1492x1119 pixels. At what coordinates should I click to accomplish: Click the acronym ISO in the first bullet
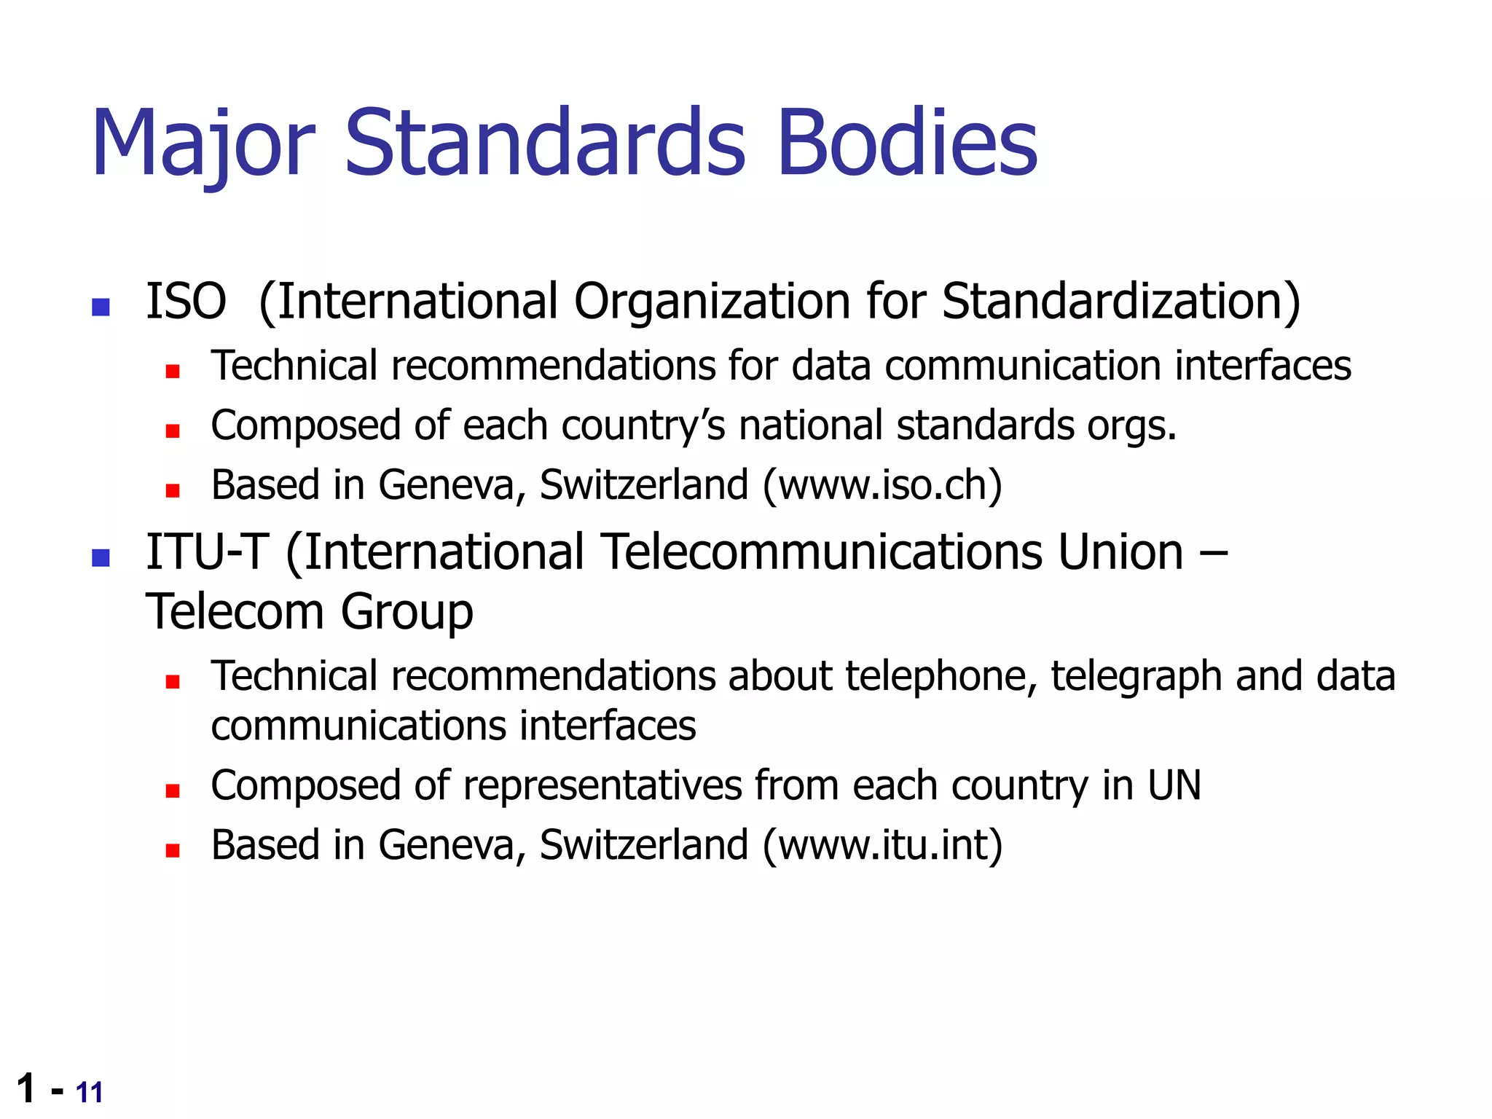186,301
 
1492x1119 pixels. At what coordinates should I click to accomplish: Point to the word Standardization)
1120,301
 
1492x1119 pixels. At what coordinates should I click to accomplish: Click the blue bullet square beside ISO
101,307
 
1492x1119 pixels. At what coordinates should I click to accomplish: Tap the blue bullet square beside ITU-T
101,558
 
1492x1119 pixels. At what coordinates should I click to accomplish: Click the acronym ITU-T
207,551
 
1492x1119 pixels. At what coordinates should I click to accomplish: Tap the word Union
1120,551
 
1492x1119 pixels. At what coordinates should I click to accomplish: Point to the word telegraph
1136,676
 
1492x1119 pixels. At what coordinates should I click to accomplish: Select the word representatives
601,785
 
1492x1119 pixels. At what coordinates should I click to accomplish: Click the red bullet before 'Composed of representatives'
173,791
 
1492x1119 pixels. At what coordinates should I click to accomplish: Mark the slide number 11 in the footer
89,1093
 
